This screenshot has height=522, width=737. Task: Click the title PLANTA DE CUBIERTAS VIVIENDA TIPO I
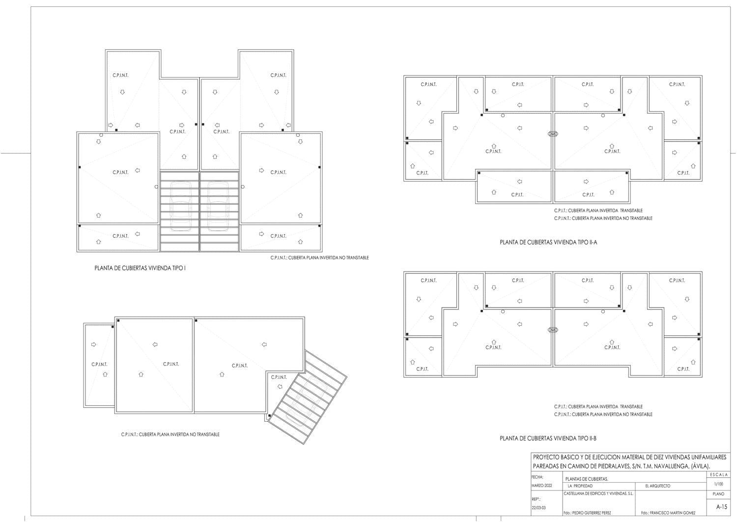tap(140, 268)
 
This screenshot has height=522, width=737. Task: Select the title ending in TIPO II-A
tap(548, 242)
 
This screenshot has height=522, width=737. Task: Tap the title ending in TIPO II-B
tap(548, 438)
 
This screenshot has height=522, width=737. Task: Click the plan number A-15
tap(722, 507)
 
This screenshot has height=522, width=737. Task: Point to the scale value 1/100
tap(718, 484)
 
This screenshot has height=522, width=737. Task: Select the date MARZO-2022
tap(541, 486)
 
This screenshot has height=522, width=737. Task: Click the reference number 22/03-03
tap(539, 508)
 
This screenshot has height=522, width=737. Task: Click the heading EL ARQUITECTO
tap(658, 486)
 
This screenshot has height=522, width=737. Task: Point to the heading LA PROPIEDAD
tap(580, 486)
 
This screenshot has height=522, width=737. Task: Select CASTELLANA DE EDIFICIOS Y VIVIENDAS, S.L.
tap(598, 493)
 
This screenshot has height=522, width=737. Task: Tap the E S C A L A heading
tap(719, 475)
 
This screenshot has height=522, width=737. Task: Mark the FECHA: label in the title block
tap(538, 477)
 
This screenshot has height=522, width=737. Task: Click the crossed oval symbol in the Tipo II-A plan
tap(553, 134)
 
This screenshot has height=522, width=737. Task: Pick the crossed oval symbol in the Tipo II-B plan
tap(553, 330)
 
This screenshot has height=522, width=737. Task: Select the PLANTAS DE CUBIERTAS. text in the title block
tap(587, 479)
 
